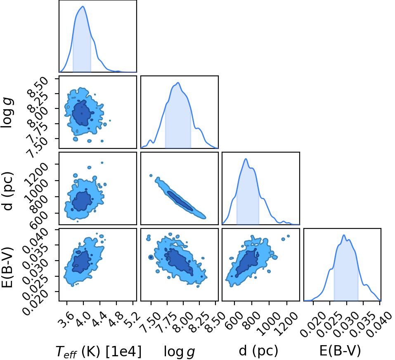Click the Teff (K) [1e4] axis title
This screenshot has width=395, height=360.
pyautogui.click(x=99, y=351)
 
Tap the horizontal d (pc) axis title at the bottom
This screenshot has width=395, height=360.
pyautogui.click(x=258, y=351)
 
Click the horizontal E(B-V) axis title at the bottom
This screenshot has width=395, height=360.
pyautogui.click(x=340, y=351)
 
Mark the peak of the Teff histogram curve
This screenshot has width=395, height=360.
pyautogui.click(x=83, y=7)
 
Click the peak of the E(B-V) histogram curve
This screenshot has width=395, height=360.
pyautogui.click(x=343, y=235)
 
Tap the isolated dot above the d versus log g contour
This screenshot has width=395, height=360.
pyautogui.click(x=151, y=175)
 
